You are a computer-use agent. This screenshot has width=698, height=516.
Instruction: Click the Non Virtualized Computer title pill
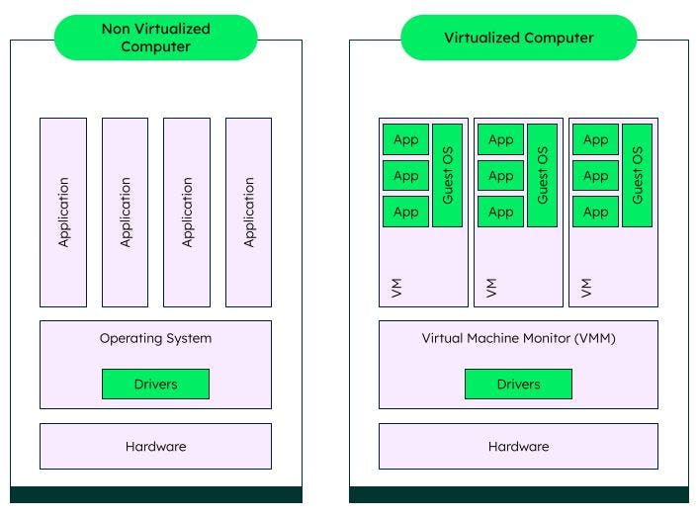coord(155,38)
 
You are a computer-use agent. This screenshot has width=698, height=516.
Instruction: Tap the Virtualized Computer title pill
coord(518,38)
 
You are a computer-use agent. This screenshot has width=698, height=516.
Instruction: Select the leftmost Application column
coord(63,212)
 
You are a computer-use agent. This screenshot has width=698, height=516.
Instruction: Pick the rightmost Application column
coord(249,212)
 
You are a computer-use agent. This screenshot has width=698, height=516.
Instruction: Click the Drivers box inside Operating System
coord(155,384)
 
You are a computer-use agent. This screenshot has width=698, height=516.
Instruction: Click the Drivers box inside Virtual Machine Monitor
coord(518,384)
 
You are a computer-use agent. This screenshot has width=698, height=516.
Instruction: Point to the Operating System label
coord(155,338)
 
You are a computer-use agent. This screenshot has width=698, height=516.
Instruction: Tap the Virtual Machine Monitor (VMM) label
coord(518,338)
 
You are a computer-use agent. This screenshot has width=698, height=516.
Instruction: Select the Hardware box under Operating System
coord(155,446)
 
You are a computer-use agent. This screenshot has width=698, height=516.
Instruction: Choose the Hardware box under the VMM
coord(518,446)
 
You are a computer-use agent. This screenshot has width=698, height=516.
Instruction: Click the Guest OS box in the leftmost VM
coord(447,175)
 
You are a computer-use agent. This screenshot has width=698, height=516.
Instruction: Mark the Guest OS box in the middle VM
coord(542,175)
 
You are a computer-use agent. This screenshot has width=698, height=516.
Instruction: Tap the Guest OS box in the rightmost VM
coord(637,175)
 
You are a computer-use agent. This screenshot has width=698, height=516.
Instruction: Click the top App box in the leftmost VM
coord(405,139)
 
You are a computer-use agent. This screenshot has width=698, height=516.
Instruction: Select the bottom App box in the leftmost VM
coord(405,212)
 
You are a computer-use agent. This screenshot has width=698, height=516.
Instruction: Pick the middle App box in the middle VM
coord(500,176)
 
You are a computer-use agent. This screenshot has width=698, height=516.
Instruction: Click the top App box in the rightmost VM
coord(595,139)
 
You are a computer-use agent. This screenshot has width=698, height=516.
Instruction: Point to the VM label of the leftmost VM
coord(396,288)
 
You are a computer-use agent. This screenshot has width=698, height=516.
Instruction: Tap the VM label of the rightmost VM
coord(586,288)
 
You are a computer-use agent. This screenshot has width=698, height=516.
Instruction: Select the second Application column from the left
coord(126,212)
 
